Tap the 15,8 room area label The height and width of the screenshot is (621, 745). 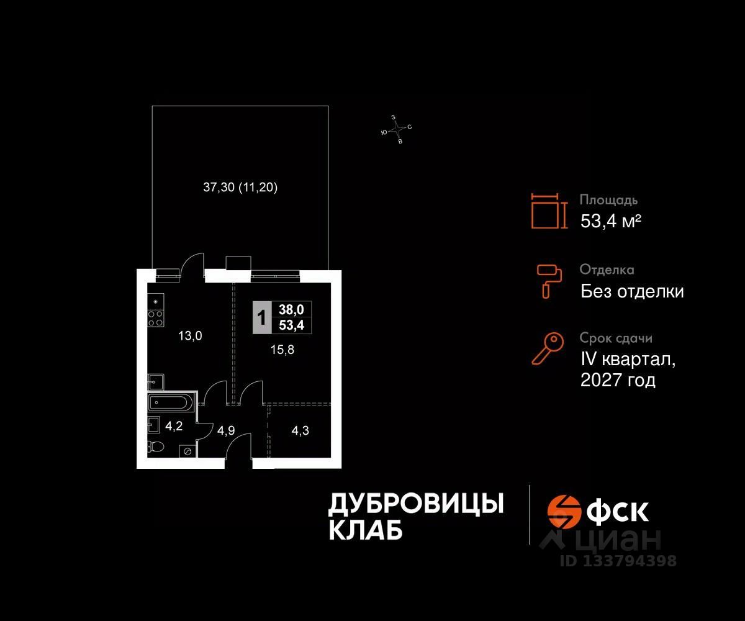point(282,349)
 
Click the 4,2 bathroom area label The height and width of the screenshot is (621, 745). point(173,427)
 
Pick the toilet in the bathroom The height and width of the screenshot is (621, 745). point(156,446)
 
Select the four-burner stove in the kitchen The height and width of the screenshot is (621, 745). point(155,319)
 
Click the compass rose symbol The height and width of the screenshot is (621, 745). point(396,129)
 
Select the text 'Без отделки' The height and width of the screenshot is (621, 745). point(632,291)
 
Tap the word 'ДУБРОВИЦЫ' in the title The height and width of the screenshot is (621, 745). point(415,504)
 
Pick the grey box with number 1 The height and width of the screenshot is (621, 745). point(262,317)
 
